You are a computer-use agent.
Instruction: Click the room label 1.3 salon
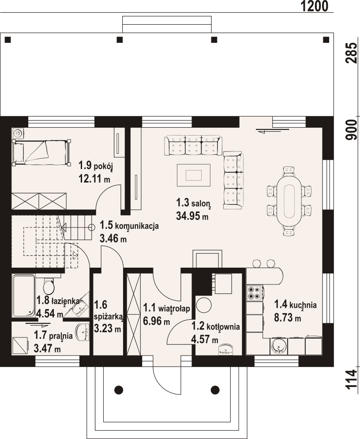pyautogui.click(x=193, y=203)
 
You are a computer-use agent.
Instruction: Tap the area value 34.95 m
pyautogui.click(x=192, y=216)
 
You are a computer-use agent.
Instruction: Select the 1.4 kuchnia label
pyautogui.click(x=296, y=304)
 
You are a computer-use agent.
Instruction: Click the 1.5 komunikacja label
pyautogui.click(x=129, y=226)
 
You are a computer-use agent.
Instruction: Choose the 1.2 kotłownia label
pyautogui.click(x=215, y=327)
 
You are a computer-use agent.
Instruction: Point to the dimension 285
pyautogui.click(x=352, y=53)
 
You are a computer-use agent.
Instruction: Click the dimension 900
pyautogui.click(x=352, y=130)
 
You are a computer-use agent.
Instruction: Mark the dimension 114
pyautogui.click(x=352, y=379)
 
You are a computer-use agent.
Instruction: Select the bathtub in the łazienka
pyautogui.click(x=23, y=295)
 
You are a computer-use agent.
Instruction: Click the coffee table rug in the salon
pyautogui.click(x=194, y=175)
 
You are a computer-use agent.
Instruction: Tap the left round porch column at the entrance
pyautogui.click(x=118, y=390)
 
